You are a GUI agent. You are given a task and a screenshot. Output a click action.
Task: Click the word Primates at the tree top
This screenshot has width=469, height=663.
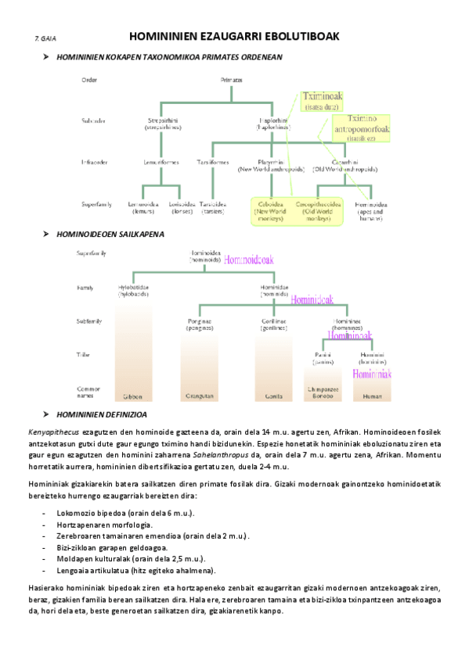coord(231,80)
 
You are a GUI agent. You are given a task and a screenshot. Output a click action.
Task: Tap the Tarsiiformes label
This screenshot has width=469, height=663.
coord(213,163)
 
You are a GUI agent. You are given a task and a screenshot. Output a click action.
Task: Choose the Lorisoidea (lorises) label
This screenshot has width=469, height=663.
coord(182,208)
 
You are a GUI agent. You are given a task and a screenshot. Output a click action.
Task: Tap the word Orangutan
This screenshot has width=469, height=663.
coord(200,396)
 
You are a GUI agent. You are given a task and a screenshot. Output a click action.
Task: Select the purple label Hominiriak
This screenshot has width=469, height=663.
coord(371,375)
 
